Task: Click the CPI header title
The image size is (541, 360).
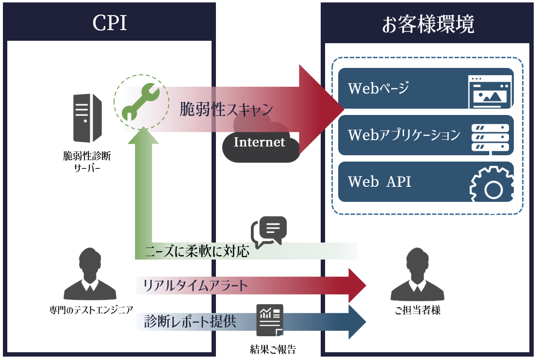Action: [110, 23]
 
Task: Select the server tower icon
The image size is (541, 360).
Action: [87, 117]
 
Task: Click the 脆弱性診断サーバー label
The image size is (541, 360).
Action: [87, 164]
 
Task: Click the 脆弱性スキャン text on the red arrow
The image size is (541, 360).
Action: [226, 109]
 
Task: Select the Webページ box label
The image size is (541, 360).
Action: [379, 88]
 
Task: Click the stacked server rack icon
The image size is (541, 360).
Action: [490, 137]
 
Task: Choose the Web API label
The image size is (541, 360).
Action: [380, 181]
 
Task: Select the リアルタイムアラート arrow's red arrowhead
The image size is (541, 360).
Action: [357, 285]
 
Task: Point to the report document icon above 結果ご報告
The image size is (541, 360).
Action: [270, 320]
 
